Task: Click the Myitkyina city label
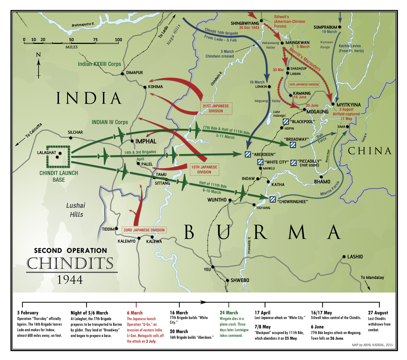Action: (x=348, y=105)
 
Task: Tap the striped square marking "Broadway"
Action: (x=293, y=145)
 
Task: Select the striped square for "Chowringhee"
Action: (x=273, y=199)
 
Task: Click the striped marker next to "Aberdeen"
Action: (x=248, y=154)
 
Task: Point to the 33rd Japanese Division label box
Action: (x=144, y=230)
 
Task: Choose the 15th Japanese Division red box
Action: (x=204, y=169)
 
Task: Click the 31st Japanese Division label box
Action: (x=216, y=108)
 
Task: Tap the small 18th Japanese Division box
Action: (x=303, y=85)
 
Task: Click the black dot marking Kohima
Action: (x=145, y=87)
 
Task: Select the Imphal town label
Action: (x=146, y=141)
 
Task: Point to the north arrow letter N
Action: (x=39, y=55)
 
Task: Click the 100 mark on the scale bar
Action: (x=118, y=40)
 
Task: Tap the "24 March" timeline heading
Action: (x=229, y=313)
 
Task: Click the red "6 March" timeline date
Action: (x=135, y=313)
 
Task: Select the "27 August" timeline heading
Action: (x=378, y=313)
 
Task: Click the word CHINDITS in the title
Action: (x=70, y=264)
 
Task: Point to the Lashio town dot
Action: (x=344, y=257)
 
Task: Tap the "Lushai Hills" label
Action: (x=76, y=210)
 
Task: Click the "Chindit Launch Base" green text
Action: (x=59, y=176)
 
